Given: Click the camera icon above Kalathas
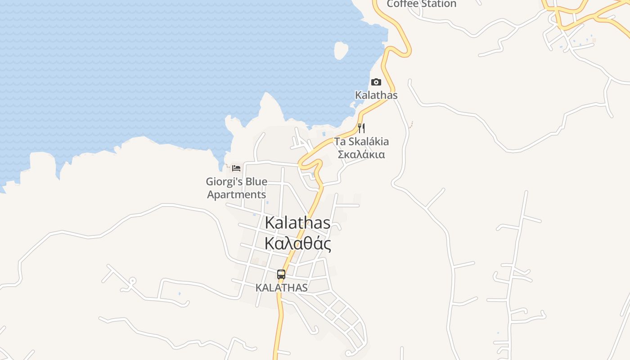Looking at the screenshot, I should coord(376,82).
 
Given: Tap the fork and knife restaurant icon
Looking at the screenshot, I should coord(361,128).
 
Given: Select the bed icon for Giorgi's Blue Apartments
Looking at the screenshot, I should coord(236,168).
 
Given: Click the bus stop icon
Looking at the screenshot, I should coord(281,274).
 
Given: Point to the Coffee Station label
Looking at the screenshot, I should coord(422,4).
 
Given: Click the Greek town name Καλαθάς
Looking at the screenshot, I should coord(298,243).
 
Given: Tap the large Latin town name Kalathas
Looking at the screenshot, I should coord(298,223).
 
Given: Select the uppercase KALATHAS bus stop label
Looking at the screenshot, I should coord(282,288).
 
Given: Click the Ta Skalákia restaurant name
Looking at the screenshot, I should coord(361,141).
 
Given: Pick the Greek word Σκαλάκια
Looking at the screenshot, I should coord(361,154).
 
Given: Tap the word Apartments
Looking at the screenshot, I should coord(237,195).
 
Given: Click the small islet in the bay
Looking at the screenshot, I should coord(341,50).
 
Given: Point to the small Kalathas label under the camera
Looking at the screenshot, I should coord(377,95).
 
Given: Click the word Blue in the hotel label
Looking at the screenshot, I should coord(256,182).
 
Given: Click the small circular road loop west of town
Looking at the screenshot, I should coord(132,281).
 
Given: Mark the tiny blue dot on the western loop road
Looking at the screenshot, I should coord(180,294).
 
